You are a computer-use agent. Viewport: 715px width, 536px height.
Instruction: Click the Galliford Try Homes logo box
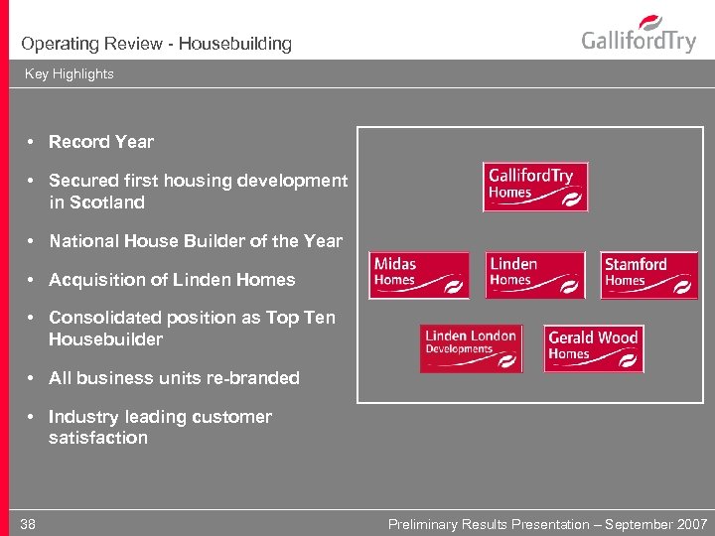point(534,187)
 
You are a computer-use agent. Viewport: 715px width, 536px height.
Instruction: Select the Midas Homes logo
point(419,275)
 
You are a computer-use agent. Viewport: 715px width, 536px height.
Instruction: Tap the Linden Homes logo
point(535,275)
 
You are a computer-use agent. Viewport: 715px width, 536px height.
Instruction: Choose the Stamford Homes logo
point(649,275)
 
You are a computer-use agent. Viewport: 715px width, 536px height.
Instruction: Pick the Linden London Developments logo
point(471,348)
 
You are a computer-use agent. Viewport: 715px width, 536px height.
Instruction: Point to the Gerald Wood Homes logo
point(594,348)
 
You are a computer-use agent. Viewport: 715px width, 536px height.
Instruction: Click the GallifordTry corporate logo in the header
point(639,36)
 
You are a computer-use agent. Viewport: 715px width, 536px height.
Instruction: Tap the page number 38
point(28,524)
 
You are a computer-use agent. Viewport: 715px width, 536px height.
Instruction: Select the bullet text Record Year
point(101,142)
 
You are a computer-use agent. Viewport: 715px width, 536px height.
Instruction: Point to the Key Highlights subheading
point(70,73)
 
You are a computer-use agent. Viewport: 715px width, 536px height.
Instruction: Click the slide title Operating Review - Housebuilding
point(156,44)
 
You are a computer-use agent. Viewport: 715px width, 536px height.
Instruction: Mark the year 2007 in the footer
point(691,524)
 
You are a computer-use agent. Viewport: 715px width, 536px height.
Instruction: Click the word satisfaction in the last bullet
point(98,438)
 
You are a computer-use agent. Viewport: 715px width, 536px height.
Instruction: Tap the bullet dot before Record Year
point(32,142)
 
